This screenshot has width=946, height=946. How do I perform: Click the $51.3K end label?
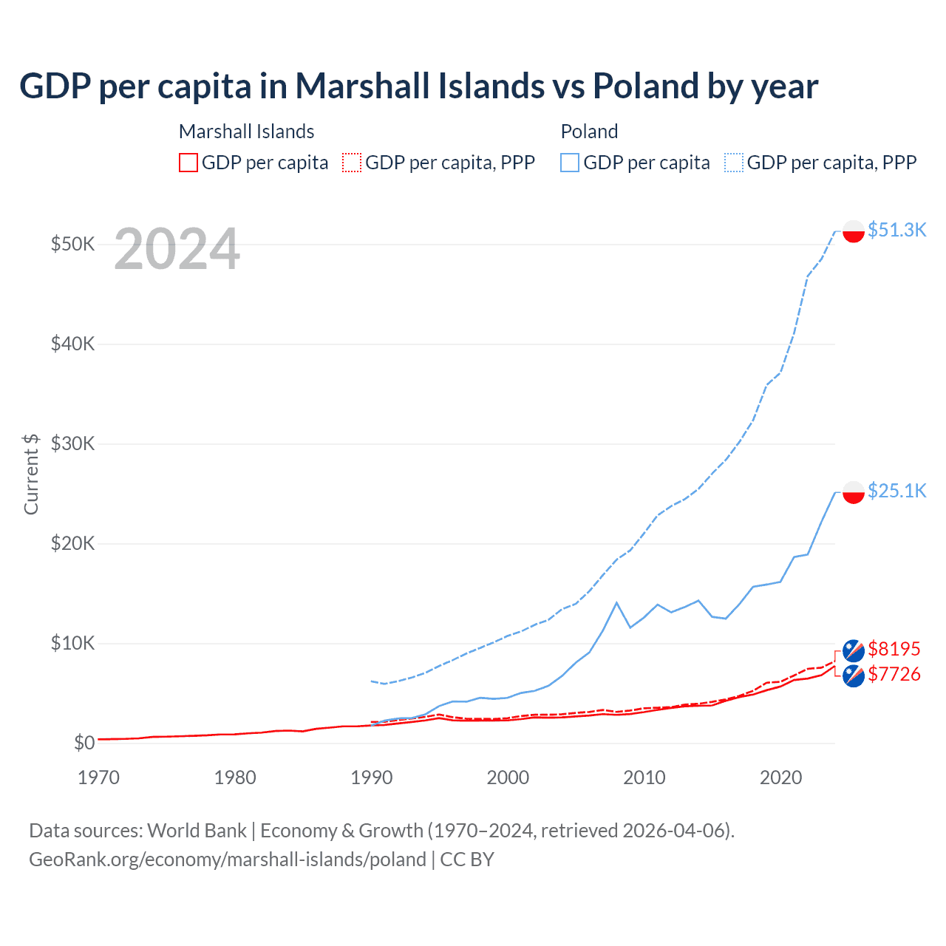896,230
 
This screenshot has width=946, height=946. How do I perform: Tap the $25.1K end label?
896,491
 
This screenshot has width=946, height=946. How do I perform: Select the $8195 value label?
894,649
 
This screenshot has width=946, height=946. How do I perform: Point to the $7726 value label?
894,674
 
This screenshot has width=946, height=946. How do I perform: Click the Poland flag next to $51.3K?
854,231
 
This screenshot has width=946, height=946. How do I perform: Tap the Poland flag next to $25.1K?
854,492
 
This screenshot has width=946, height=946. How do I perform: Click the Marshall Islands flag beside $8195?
854,650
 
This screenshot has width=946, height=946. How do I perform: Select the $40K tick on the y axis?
72,344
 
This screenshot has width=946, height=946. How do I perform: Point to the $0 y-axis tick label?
84,743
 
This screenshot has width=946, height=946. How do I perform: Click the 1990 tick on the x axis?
371,777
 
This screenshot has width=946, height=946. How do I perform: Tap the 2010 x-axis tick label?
644,777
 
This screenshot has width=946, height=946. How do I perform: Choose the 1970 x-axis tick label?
98,777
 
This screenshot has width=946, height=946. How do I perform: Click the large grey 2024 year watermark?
177,250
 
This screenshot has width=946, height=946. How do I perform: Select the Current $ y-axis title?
31,474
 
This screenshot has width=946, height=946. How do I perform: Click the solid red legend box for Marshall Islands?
188,163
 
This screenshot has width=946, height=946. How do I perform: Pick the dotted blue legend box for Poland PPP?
734,163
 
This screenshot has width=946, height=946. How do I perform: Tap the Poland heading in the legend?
589,132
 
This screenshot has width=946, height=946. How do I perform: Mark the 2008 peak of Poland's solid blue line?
616,603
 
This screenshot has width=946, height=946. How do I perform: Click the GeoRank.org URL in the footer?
228,860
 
